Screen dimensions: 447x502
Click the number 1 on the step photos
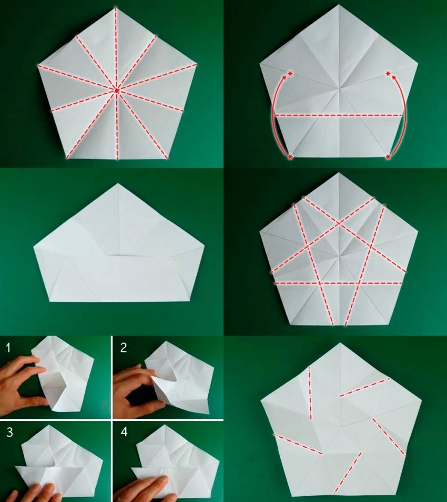(x=8, y=347)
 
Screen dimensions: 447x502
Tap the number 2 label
(x=124, y=347)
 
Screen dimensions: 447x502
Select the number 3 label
(x=9, y=432)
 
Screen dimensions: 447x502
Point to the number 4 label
(x=124, y=432)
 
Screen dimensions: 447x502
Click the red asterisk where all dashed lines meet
(x=117, y=91)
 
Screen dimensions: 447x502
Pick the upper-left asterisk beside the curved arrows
(x=290, y=74)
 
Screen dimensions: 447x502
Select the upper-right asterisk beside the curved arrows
(x=388, y=74)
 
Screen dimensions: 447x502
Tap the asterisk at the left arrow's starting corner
(x=290, y=157)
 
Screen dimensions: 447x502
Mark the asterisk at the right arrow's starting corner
(x=388, y=157)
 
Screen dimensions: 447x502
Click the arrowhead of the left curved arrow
(x=285, y=77)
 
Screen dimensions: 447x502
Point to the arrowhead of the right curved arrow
(x=394, y=77)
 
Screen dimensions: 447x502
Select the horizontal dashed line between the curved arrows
(x=338, y=115)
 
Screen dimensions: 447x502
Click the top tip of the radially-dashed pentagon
(x=116, y=8)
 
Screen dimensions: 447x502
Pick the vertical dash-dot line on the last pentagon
(x=310, y=393)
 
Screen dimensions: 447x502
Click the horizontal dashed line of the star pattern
(x=338, y=283)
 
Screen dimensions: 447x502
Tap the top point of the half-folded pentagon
(x=118, y=184)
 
